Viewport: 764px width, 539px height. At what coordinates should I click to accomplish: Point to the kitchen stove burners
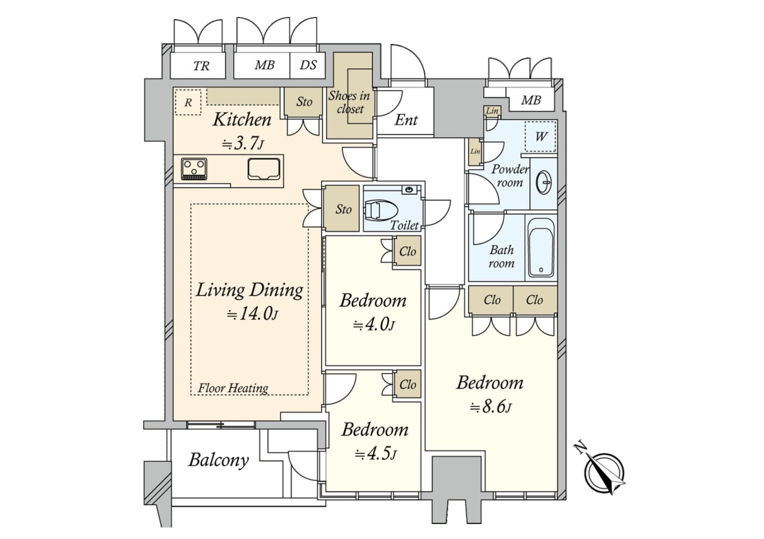pos(194,169)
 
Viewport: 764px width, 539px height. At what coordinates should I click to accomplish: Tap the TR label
pos(201,66)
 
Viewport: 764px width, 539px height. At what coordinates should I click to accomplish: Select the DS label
pos(308,65)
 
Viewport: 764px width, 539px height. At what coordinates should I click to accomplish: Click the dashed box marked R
pos(188,102)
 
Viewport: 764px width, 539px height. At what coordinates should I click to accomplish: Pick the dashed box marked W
pos(540,136)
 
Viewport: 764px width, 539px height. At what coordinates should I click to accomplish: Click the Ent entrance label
pos(406,120)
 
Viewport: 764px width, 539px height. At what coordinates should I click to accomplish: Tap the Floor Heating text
pos(233,388)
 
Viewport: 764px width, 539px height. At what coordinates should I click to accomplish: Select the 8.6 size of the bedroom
pos(491,407)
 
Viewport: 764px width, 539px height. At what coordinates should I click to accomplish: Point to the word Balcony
pos(218,460)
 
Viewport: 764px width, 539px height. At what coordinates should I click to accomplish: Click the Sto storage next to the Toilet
pos(343,209)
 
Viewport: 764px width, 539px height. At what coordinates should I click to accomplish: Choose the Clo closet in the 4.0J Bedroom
pos(407,251)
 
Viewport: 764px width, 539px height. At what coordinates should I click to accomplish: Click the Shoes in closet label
pos(349,102)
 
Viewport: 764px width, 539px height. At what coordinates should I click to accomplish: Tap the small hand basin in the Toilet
pos(408,190)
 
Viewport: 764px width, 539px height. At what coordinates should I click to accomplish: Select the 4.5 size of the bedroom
pos(376,454)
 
